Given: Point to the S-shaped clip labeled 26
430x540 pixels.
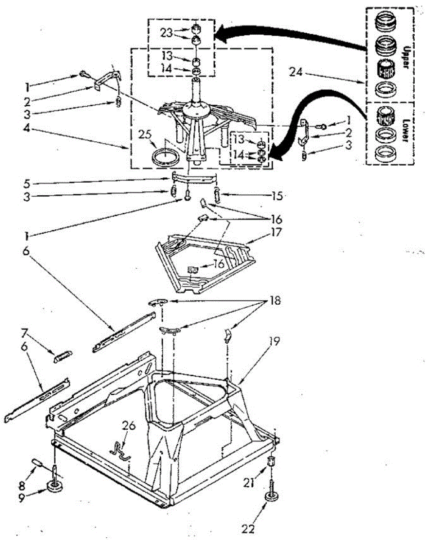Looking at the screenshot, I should click(x=120, y=450).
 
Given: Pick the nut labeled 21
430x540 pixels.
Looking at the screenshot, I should click(x=271, y=462).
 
